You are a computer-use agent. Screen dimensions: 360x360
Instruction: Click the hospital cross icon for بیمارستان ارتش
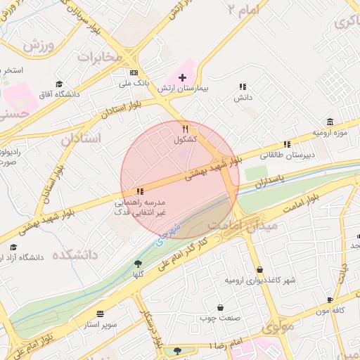coord(183,77)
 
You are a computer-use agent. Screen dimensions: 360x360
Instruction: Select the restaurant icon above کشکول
coord(185,129)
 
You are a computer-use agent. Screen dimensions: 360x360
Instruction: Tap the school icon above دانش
coord(243,86)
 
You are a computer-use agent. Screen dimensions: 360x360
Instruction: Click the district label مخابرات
coord(98,58)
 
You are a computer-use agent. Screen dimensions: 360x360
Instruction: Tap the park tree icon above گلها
coord(137,264)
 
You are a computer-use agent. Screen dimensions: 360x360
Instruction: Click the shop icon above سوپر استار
coord(101,314)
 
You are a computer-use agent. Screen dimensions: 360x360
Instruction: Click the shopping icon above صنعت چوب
coord(221,307)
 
